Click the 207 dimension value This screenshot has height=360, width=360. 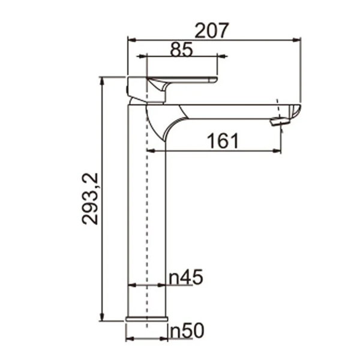[213, 30]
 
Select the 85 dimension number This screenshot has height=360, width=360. [181, 49]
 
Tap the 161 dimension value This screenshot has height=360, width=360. [223, 141]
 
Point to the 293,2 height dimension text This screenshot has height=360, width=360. [91, 197]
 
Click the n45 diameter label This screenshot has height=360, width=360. [186, 277]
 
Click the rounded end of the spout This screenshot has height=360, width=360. [294, 112]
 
